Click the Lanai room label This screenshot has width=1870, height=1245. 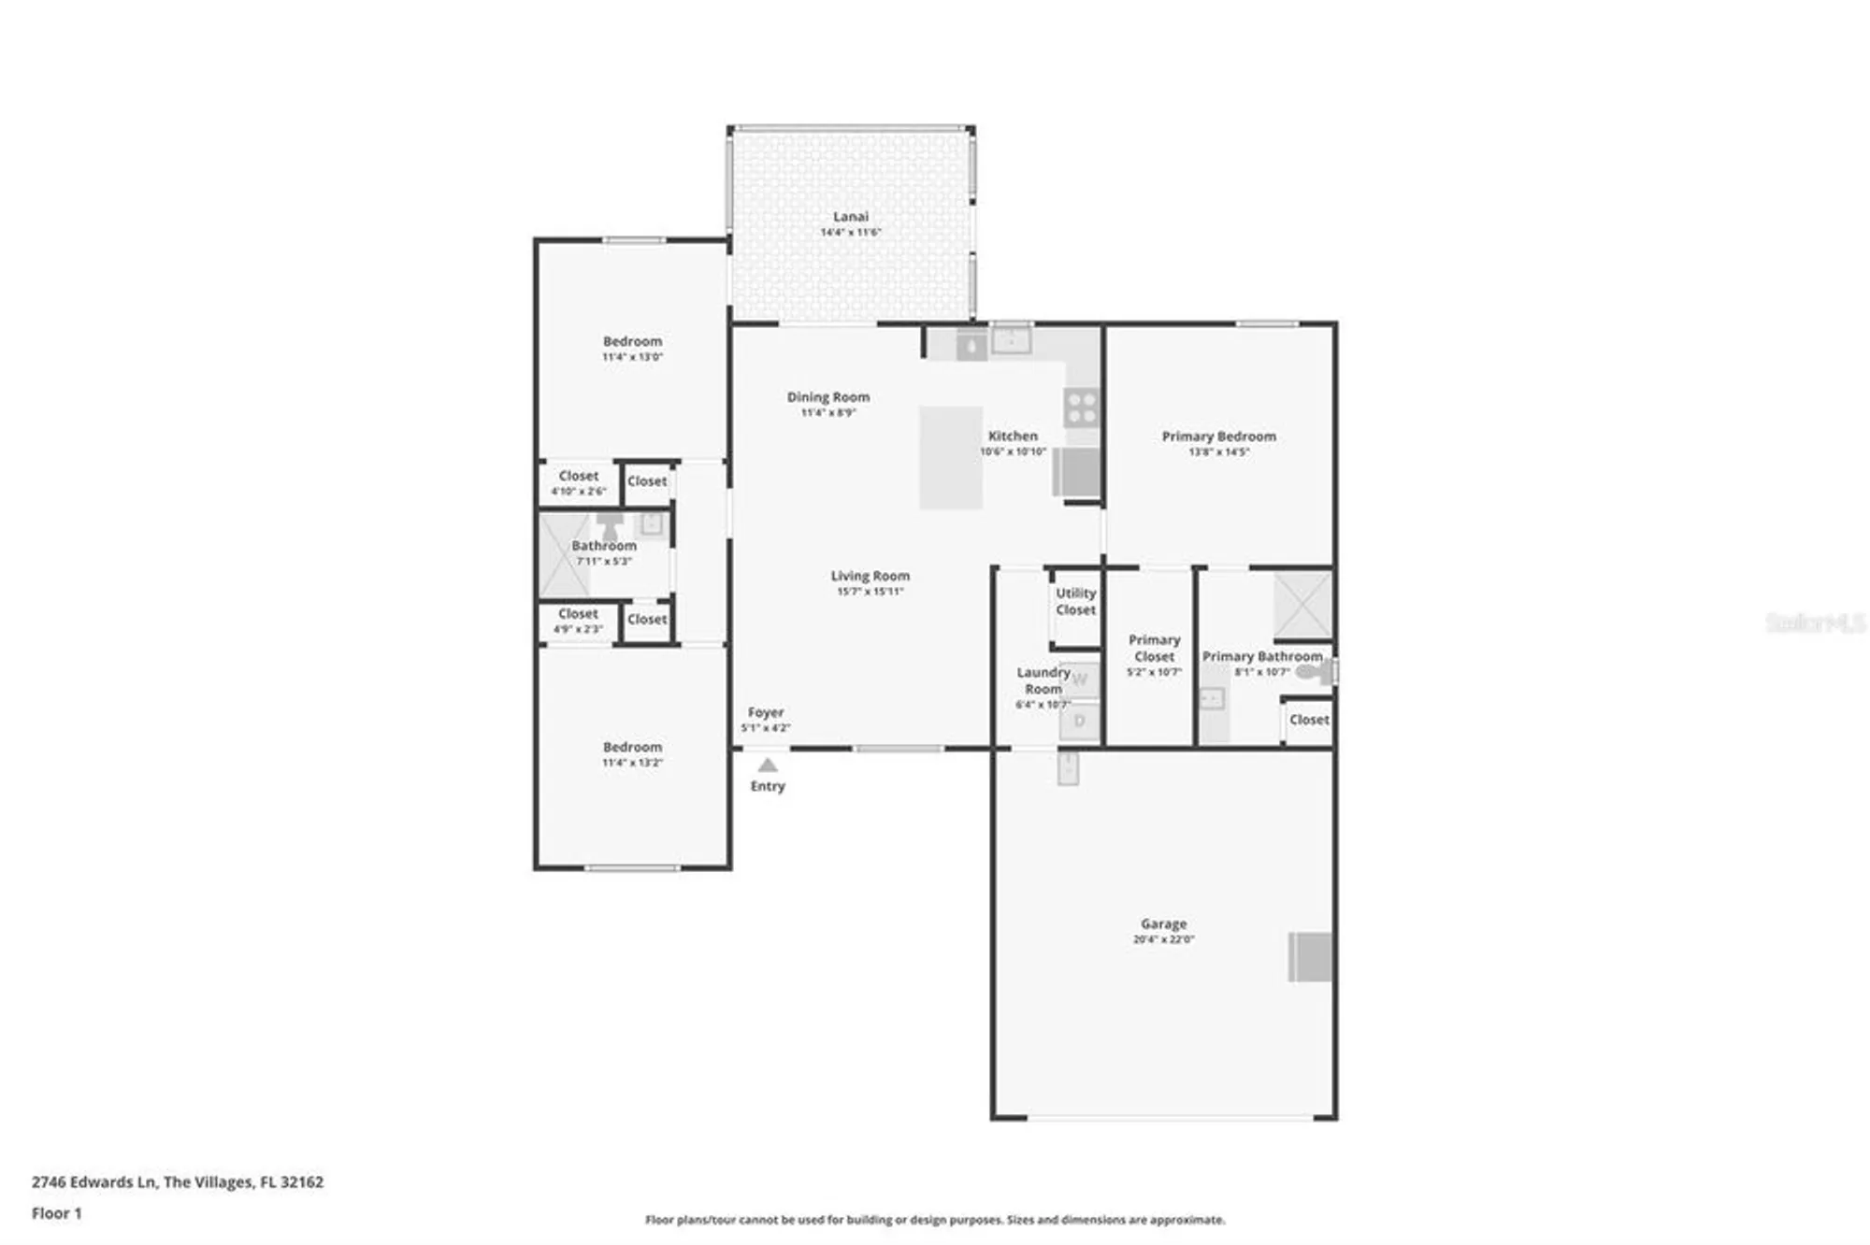[x=851, y=217]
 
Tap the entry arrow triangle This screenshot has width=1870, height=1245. [x=768, y=765]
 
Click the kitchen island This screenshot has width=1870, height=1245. [x=950, y=457]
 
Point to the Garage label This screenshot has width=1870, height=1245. [x=1163, y=923]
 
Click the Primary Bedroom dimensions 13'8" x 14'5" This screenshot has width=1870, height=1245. [x=1218, y=452]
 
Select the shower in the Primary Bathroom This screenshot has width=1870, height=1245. [x=1302, y=605]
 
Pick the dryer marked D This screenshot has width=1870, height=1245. [x=1080, y=721]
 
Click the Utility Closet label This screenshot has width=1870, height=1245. [x=1075, y=601]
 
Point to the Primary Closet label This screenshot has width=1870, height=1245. [x=1154, y=648]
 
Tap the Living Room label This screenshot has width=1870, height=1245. [x=870, y=576]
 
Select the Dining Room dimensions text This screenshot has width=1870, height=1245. [x=827, y=413]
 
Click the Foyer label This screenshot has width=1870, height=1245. [x=766, y=712]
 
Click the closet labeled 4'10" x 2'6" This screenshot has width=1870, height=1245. [x=579, y=482]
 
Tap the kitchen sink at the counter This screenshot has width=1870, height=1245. [x=1011, y=340]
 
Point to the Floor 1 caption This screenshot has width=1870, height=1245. [x=57, y=1213]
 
